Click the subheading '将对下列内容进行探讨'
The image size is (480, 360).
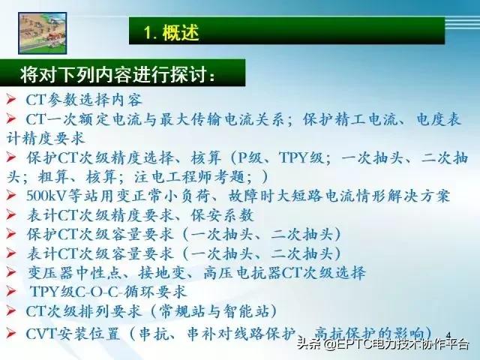coord(120,75)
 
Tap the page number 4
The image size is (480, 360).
coord(448,334)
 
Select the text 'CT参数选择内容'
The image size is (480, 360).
coord(83,99)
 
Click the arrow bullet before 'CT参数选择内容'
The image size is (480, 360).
coord(10,99)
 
